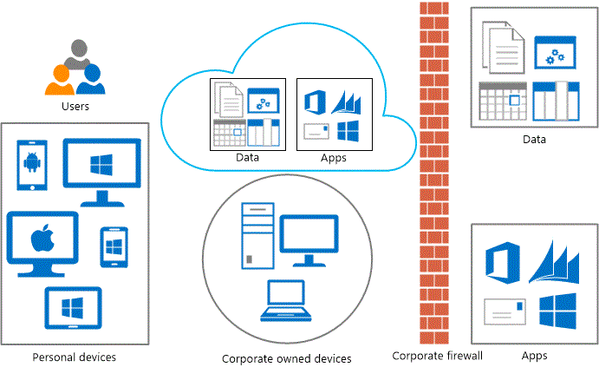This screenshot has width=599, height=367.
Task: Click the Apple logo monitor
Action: tap(42, 240)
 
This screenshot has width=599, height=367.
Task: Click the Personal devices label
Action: tap(74, 357)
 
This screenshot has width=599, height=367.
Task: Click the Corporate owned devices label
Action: tap(287, 358)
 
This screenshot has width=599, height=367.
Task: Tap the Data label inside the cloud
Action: tap(247, 157)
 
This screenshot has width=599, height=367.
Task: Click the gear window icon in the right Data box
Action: tap(556, 54)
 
